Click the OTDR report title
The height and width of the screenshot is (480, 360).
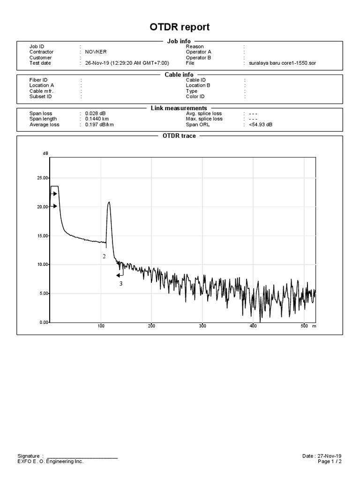coord(180,27)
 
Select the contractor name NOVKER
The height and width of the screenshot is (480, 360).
coord(96,52)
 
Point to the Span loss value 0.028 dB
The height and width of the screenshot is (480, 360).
coord(95,113)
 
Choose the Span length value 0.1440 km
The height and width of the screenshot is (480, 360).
coord(97,119)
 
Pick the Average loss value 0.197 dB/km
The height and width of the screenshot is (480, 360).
coord(99,125)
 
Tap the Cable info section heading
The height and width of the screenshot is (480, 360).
coord(179,75)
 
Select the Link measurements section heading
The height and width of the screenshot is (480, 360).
coord(179,108)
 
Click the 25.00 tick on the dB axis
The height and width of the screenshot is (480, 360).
coord(43,178)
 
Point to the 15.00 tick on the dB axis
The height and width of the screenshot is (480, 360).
coord(43,236)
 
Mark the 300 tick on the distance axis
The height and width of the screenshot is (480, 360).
coord(202,326)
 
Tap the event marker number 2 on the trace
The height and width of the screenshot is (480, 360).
coord(104,256)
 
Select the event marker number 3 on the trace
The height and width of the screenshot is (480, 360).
coord(120,284)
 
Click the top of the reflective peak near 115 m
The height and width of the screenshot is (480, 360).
coord(109,202)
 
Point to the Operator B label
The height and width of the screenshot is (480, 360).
coord(199,58)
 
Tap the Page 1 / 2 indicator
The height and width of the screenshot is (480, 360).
coord(330,461)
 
